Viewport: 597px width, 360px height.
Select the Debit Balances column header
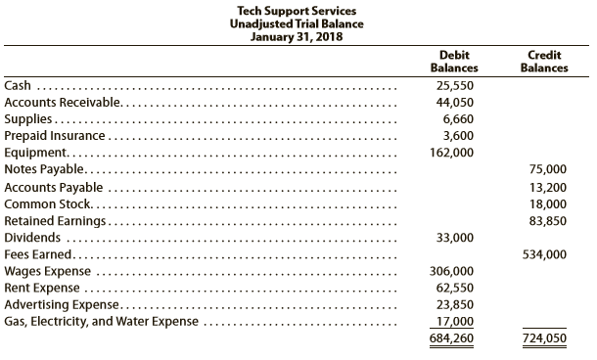tap(454, 62)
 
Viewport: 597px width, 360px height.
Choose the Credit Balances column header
tap(544, 62)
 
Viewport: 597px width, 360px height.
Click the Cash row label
tap(17, 86)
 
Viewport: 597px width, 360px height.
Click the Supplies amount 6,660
tap(454, 119)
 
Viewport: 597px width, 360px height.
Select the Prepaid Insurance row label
tap(54, 136)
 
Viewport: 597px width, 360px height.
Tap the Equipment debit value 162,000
tap(451, 154)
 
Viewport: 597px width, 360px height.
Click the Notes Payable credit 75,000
tap(547, 170)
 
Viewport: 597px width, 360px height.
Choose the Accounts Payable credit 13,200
tap(547, 187)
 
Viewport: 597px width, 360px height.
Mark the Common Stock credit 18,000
tap(547, 203)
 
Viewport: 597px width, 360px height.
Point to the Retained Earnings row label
tap(56, 221)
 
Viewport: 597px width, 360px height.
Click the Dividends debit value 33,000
tap(453, 238)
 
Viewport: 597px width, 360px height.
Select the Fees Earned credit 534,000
tap(544, 254)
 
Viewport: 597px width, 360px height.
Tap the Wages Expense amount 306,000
tap(451, 271)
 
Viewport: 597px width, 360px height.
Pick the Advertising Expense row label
tap(63, 304)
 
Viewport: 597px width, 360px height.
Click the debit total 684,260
tap(451, 339)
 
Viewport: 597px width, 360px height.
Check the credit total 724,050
tap(544, 339)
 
